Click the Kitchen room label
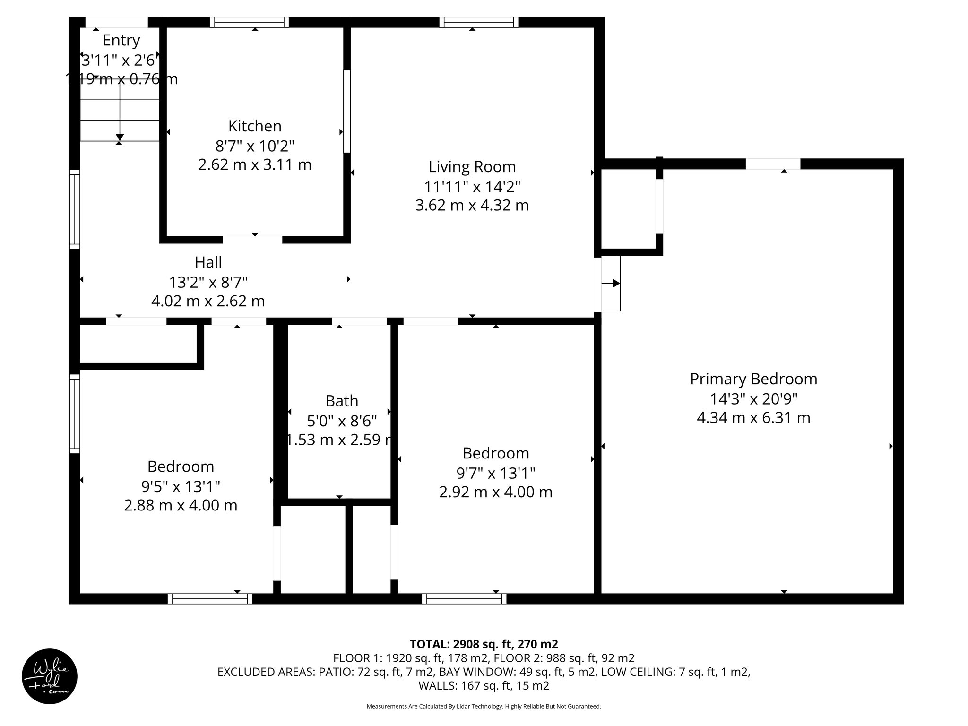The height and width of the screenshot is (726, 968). (255, 126)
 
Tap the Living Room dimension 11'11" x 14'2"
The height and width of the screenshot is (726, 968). (472, 187)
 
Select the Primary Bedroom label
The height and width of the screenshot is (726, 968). (753, 379)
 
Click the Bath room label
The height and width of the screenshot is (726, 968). (341, 401)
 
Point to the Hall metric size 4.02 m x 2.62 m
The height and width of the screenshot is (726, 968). (208, 301)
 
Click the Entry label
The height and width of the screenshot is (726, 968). (121, 40)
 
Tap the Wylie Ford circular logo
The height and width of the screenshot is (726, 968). (49, 676)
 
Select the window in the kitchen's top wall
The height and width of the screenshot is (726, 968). (249, 22)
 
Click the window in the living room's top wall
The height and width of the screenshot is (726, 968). (478, 22)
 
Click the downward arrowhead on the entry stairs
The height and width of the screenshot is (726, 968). (120, 138)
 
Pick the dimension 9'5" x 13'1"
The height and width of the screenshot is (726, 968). (181, 486)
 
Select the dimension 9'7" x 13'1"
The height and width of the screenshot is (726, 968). (495, 473)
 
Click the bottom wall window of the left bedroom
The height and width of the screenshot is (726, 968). (210, 599)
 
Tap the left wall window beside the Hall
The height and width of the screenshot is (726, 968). (75, 209)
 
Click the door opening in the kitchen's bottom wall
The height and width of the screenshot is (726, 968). (252, 239)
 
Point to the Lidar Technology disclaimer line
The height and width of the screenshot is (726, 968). (484, 706)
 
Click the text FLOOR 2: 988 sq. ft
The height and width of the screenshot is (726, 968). (559, 658)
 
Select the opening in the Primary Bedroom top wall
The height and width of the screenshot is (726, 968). (773, 164)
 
